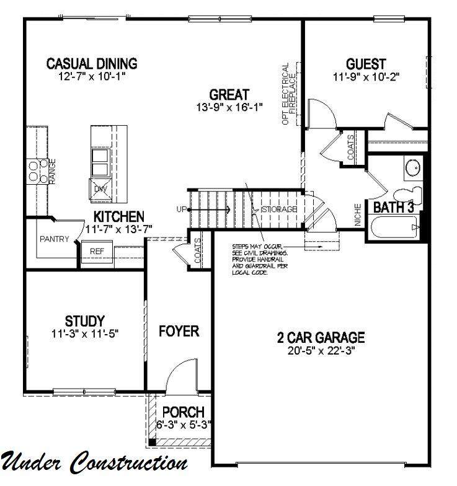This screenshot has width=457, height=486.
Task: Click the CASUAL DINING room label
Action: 92,63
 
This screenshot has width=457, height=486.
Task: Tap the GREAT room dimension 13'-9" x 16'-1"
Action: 229,107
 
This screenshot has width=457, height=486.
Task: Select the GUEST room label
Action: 366,64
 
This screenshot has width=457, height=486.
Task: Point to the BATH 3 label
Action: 393,207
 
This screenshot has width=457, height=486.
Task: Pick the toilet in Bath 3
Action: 409,196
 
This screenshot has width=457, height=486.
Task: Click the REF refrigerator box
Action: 97,252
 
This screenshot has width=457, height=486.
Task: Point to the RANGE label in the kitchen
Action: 52,172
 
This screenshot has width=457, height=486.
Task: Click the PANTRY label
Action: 55,239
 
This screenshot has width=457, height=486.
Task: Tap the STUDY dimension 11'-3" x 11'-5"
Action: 85,334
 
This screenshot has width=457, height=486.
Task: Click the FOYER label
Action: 179,331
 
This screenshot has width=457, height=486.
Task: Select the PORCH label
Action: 184,412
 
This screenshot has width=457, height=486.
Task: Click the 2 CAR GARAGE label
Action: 321,337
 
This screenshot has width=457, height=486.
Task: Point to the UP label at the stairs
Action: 182,210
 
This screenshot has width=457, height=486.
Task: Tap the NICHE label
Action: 358,214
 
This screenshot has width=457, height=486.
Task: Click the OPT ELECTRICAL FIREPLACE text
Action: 289,94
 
